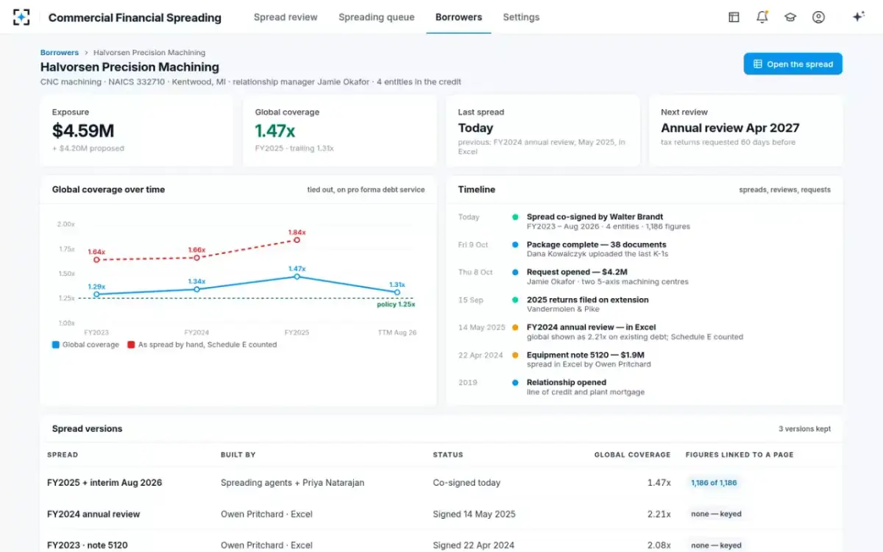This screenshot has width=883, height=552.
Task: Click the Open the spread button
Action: (x=792, y=64)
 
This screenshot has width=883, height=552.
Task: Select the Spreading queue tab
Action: (x=377, y=18)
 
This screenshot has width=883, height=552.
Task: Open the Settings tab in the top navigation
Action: (x=521, y=18)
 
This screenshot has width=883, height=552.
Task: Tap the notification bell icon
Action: (x=762, y=17)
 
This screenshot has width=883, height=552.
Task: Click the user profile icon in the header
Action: (x=818, y=17)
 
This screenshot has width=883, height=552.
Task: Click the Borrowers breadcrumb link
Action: (x=60, y=52)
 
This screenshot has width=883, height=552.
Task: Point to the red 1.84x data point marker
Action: (x=297, y=240)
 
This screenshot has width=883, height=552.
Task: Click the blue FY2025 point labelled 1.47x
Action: (x=297, y=277)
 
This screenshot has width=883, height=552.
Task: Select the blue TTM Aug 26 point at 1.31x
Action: (x=397, y=293)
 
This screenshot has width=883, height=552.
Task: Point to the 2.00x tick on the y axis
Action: (x=65, y=224)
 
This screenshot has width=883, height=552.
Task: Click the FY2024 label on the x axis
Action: (x=196, y=333)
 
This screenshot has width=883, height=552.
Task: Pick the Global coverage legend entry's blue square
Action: (x=56, y=344)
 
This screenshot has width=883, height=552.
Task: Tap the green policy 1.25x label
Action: (x=396, y=305)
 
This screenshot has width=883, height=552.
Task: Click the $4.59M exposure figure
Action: (x=82, y=131)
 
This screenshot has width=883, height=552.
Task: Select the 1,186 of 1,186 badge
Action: (x=714, y=483)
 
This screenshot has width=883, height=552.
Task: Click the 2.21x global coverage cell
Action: (x=659, y=514)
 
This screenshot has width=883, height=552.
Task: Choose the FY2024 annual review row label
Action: (x=93, y=514)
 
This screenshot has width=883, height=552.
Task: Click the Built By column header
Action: (x=238, y=455)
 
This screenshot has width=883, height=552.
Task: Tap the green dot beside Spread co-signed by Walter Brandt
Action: (x=515, y=217)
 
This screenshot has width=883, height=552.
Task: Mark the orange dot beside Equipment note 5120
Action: (x=515, y=355)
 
